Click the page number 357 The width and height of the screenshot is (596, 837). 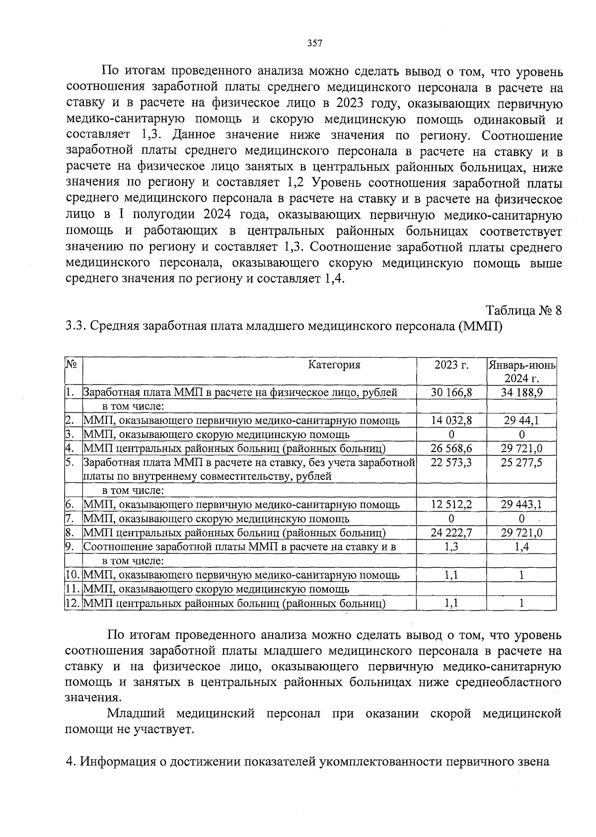315,43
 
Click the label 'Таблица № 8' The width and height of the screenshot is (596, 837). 523,311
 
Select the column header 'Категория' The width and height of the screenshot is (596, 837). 334,365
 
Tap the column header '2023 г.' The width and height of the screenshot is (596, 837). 451,365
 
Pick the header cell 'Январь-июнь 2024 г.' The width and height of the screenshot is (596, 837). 521,372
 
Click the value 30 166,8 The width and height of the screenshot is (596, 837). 451,392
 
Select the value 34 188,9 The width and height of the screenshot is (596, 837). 521,392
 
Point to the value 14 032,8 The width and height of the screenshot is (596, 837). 451,420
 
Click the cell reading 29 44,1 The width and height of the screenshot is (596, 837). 521,420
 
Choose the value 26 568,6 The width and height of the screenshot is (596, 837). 451,449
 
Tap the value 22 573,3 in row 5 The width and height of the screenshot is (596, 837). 451,462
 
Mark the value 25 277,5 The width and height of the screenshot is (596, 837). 521,462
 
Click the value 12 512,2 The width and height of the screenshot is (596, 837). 451,505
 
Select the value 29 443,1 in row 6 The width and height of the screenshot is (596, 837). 521,505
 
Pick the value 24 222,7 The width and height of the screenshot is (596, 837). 451,533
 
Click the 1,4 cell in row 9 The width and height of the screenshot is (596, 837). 521,547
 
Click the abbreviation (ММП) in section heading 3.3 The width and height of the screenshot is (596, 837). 480,327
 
